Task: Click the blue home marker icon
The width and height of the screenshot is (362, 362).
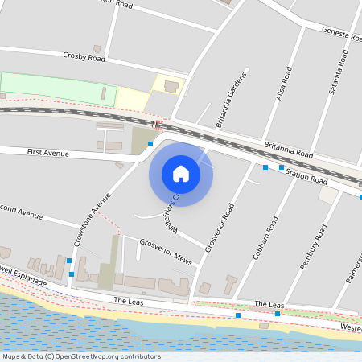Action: pos(181,173)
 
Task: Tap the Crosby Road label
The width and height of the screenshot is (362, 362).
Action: pos(84,56)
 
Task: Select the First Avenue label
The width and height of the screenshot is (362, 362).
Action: pos(48,151)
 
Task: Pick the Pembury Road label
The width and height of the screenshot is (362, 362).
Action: pos(313,249)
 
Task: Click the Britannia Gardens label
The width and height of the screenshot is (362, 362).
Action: pos(228,106)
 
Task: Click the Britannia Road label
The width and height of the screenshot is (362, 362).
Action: pos(288,150)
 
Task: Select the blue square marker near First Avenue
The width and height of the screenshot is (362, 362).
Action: pos(150,143)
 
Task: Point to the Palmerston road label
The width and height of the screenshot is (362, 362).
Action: pos(354,265)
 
